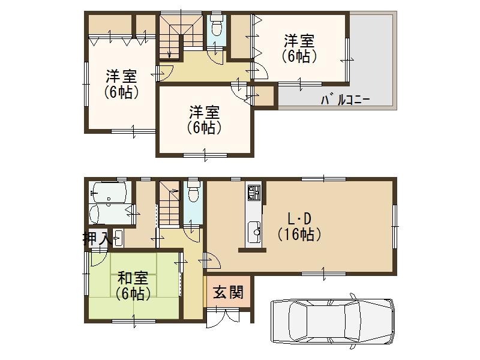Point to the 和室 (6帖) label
tap(133, 286)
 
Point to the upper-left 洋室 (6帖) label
tap(121, 85)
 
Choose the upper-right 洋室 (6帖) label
tap(299, 49)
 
